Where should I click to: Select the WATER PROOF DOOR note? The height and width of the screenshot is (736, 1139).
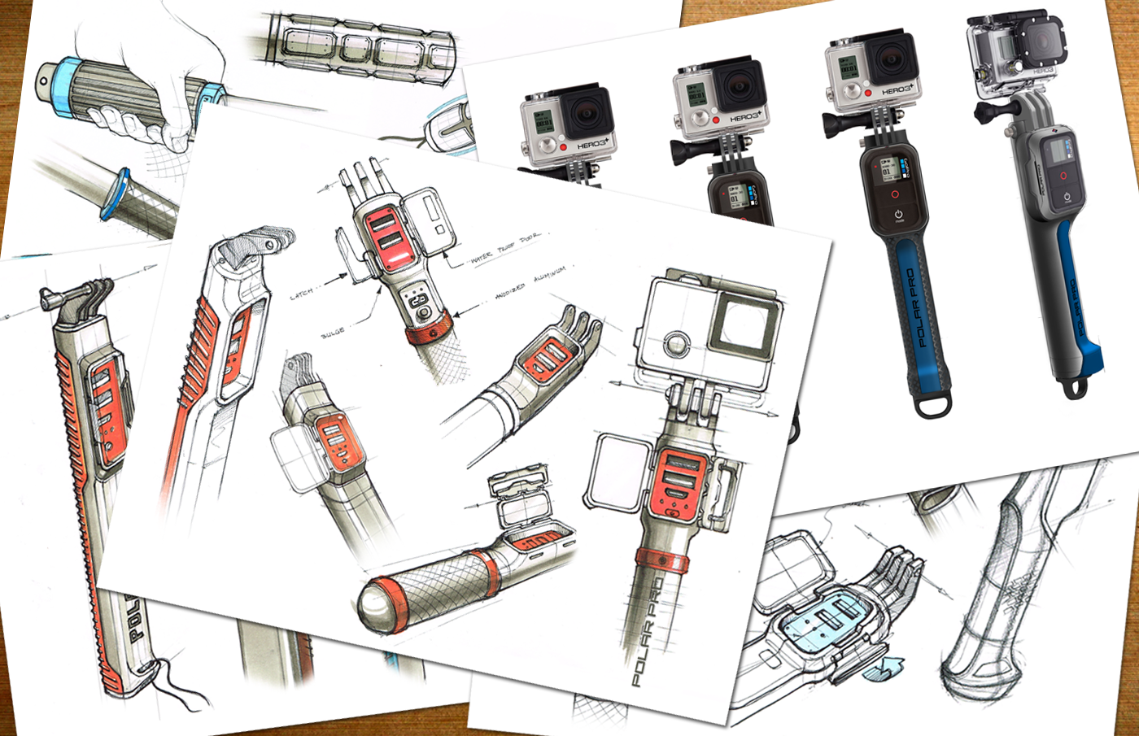click(505, 247)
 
